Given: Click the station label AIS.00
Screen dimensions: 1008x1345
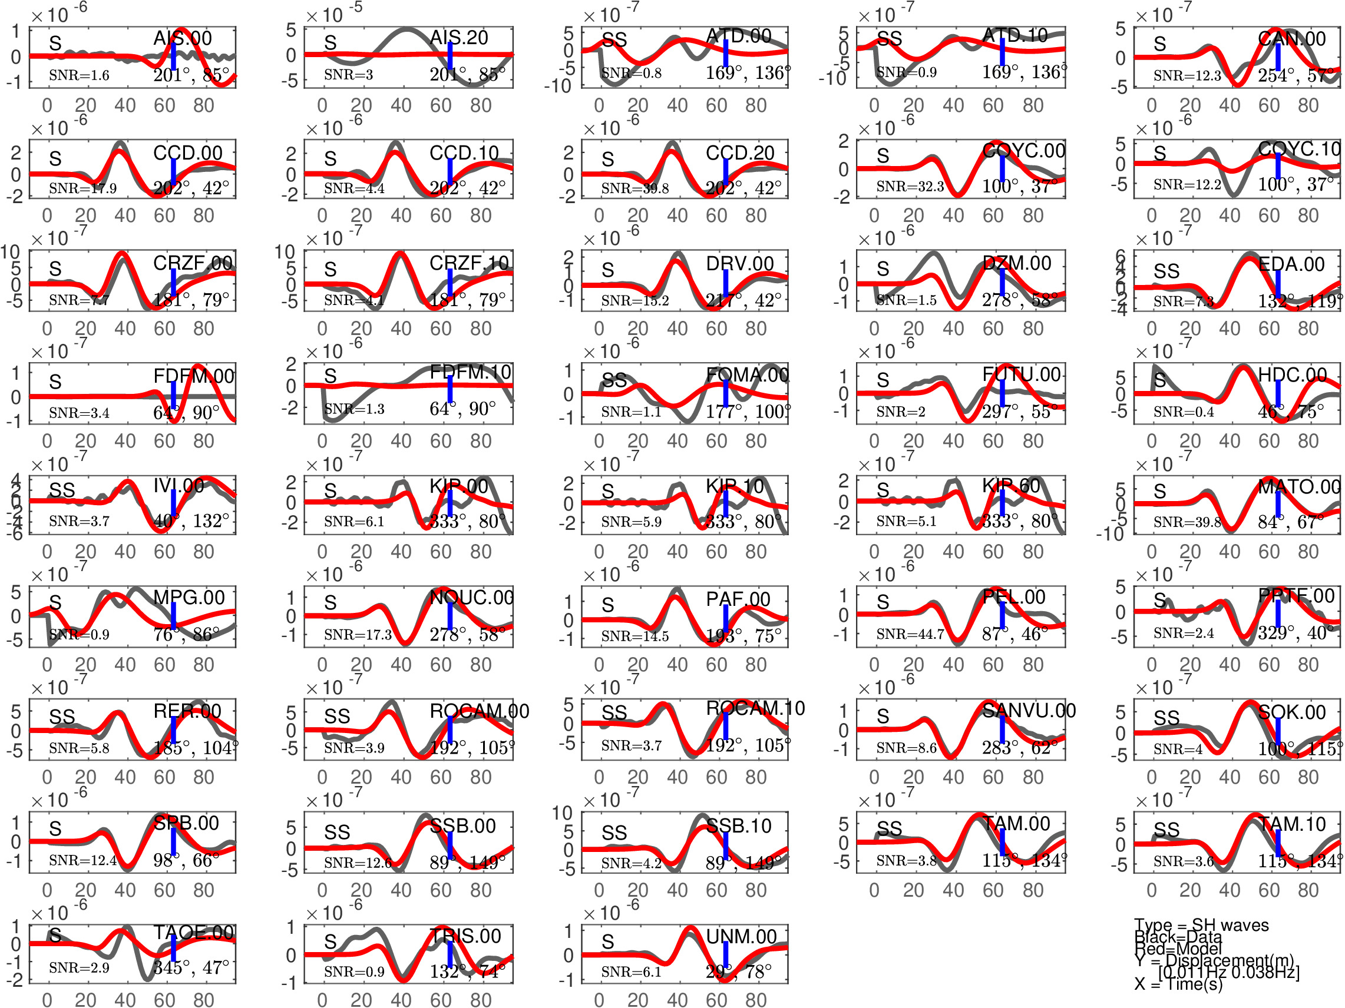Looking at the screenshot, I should pos(183,38).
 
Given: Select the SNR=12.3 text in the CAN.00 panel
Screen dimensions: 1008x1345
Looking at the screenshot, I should pos(1187,76).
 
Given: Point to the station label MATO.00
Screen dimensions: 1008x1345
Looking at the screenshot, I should pos(1299,487).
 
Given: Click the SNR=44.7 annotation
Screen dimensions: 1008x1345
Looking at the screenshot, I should pos(910,634).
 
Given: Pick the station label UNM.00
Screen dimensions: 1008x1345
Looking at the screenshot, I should pos(741,936).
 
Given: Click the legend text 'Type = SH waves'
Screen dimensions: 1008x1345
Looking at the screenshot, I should pos(1201,925).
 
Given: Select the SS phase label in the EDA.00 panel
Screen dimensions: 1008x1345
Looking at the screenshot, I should pos(1166,271).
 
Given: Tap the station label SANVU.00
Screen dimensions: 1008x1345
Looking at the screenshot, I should pos(1029,710).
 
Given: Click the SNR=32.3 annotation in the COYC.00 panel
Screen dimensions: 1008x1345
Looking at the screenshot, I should pos(910,187).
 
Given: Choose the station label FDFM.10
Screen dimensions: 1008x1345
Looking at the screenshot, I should pos(470,372).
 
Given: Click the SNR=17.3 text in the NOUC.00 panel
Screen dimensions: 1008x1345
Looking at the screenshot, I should pos(358,634).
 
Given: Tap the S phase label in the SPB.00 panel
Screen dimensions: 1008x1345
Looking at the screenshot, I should pos(55,829).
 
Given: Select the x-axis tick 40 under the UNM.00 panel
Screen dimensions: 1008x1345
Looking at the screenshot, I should pos(677,1000).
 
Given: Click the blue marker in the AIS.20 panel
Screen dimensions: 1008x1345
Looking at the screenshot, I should pos(450,55).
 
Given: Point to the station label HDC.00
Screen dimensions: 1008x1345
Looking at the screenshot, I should pos(1292,375).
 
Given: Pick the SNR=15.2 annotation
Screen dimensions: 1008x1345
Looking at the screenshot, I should pos(635,300).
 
